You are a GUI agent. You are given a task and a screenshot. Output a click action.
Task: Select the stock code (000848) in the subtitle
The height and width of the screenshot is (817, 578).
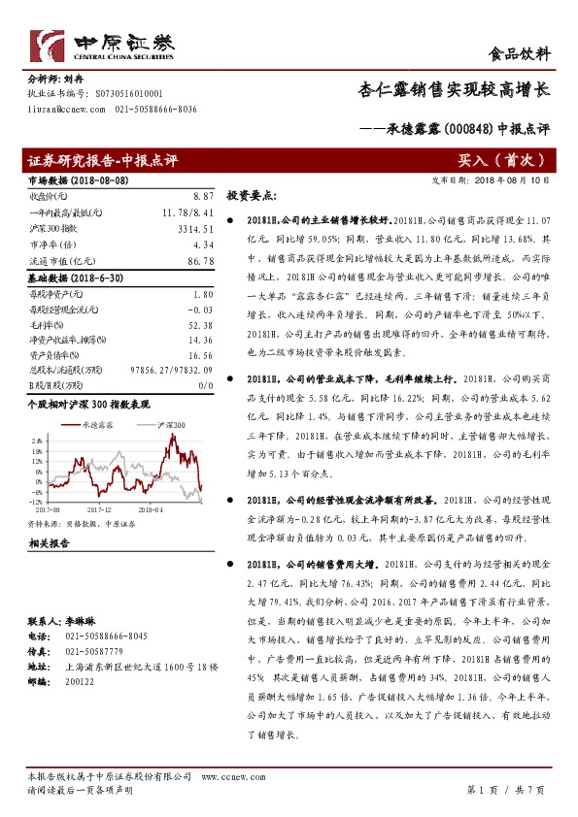coord(464,128)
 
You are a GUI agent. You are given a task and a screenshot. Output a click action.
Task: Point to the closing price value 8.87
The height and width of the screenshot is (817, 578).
coord(202,195)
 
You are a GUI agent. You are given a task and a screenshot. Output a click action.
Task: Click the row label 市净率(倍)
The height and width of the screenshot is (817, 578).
coord(50,245)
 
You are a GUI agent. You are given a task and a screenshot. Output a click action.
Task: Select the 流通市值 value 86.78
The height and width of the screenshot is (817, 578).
coord(199,261)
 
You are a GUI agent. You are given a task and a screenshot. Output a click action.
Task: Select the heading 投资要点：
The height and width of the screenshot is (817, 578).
coord(252,193)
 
